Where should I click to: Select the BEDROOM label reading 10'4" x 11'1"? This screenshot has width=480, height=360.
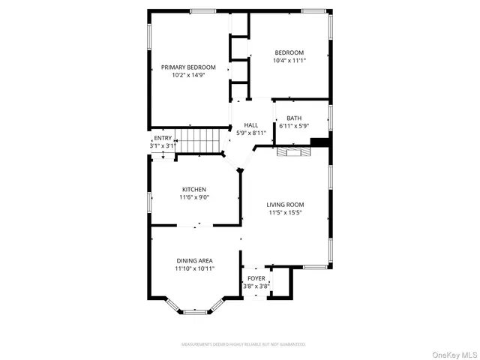pyautogui.click(x=289, y=52)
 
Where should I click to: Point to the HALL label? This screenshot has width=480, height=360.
pyautogui.click(x=250, y=125)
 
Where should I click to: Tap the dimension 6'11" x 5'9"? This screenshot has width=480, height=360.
pyautogui.click(x=294, y=126)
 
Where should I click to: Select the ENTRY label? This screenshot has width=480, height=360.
pyautogui.click(x=162, y=139)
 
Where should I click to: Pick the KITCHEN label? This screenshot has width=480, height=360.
pyautogui.click(x=194, y=189)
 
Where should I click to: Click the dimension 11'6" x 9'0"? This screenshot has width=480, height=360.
pyautogui.click(x=194, y=198)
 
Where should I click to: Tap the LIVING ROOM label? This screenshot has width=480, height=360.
pyautogui.click(x=286, y=204)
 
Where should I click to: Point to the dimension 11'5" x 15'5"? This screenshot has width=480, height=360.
pyautogui.click(x=286, y=213)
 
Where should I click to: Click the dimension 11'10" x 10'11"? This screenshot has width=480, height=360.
pyautogui.click(x=194, y=268)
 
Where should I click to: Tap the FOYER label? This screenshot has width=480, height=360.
pyautogui.click(x=256, y=278)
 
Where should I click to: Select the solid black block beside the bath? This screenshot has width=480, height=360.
pyautogui.click(x=319, y=142)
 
